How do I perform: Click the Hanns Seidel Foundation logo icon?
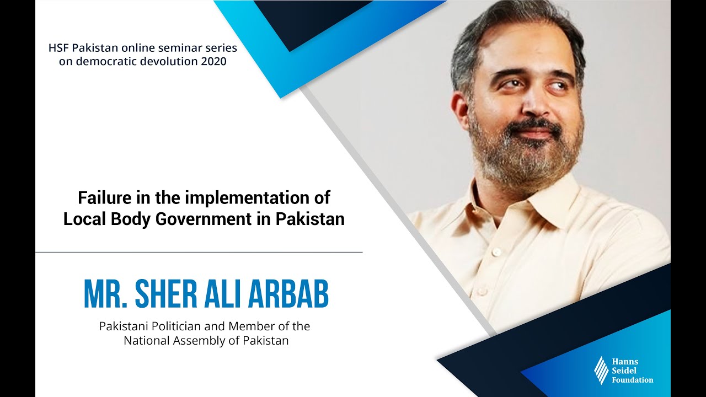tap(601, 370)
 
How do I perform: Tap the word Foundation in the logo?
tap(632, 380)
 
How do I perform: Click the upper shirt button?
tap(497, 251)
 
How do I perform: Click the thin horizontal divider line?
tap(199, 252)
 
